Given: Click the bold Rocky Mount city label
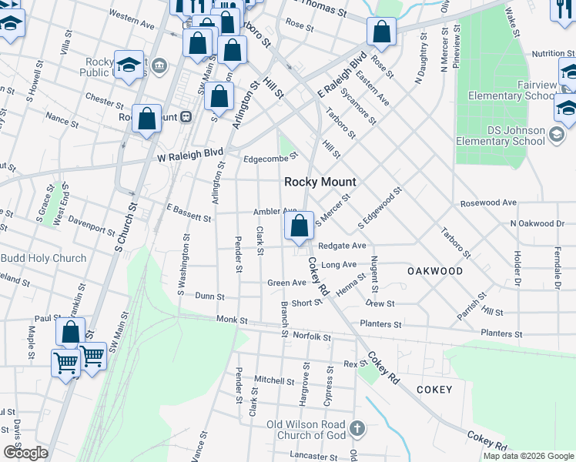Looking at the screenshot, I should click(x=320, y=182).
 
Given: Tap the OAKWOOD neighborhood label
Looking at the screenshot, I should click(x=435, y=271).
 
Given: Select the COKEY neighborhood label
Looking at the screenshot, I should click(x=434, y=390).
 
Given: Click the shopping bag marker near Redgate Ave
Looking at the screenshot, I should click(x=300, y=226).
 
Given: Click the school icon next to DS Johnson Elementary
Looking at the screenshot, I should click(x=557, y=136).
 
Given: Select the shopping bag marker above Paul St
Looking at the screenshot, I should click(x=70, y=333).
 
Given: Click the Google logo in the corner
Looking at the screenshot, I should click(x=25, y=452).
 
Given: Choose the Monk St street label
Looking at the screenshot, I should click(x=232, y=320).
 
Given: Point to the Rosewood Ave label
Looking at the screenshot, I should click(x=489, y=203).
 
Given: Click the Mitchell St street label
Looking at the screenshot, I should click(x=274, y=380).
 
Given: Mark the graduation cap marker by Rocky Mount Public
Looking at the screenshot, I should click(x=129, y=64).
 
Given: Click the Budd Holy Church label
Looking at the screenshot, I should click(x=43, y=258).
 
